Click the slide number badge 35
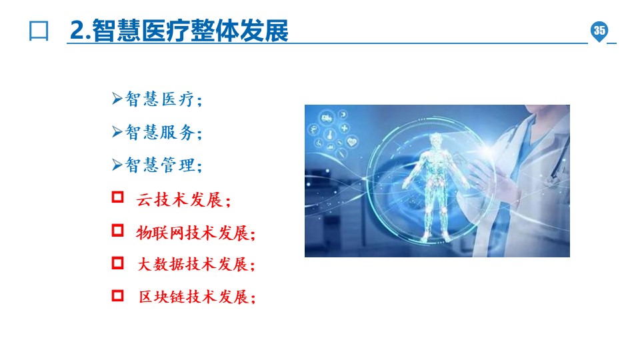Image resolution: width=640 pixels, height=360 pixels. pyautogui.click(x=599, y=31)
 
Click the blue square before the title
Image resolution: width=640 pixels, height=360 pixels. pyautogui.click(x=39, y=31)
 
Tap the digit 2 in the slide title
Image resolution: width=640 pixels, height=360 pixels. pyautogui.click(x=77, y=30)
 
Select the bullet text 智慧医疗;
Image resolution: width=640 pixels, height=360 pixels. pyautogui.click(x=163, y=99)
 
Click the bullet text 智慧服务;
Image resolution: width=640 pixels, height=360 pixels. pyautogui.click(x=163, y=132)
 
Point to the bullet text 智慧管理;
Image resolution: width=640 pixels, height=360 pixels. pyautogui.click(x=163, y=165)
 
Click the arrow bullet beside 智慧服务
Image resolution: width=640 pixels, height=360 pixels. pyautogui.click(x=117, y=131)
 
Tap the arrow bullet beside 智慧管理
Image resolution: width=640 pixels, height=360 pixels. pyautogui.click(x=117, y=164)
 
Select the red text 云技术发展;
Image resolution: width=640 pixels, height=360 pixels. pyautogui.click(x=184, y=200)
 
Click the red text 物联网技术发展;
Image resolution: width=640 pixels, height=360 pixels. pyautogui.click(x=196, y=233)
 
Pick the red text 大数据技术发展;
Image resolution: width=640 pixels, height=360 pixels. pyautogui.click(x=196, y=265)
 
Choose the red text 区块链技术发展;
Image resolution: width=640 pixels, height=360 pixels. pyautogui.click(x=197, y=297)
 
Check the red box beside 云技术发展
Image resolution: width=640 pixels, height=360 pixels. pyautogui.click(x=117, y=197)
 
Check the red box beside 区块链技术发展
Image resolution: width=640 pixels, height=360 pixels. pyautogui.click(x=117, y=295)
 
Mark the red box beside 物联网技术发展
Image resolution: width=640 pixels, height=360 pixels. pyautogui.click(x=117, y=230)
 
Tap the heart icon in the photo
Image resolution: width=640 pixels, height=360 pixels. pyautogui.click(x=352, y=142)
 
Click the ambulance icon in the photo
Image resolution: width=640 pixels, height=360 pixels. pyautogui.click(x=327, y=119)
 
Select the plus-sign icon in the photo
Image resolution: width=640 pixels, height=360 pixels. pyautogui.click(x=345, y=128)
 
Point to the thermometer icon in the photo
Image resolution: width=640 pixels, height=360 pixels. pyautogui.click(x=330, y=134)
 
